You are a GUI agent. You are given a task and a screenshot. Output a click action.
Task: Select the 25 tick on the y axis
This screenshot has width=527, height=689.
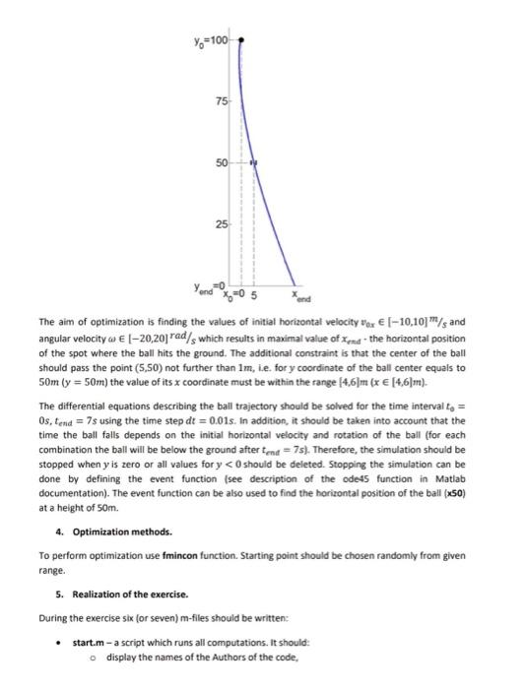click(x=223, y=225)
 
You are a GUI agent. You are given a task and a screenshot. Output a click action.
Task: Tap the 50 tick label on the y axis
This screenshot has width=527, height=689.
click(x=223, y=163)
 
